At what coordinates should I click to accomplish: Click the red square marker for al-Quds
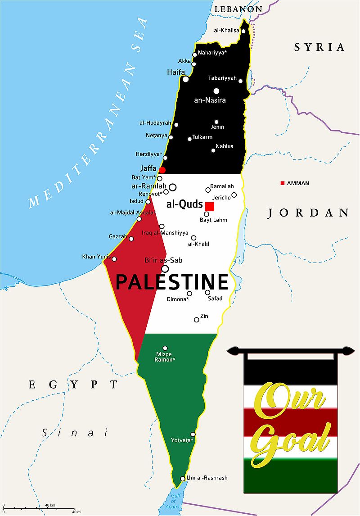(x=209, y=206)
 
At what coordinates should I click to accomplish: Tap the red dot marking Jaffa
(x=162, y=170)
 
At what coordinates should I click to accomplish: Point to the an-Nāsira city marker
(x=216, y=91)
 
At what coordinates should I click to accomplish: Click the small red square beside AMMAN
(x=282, y=183)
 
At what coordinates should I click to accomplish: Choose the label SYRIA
(x=319, y=47)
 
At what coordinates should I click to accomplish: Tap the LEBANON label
(x=238, y=9)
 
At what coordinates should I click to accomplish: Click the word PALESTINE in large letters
(x=172, y=282)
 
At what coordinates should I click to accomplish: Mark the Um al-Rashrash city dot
(x=182, y=479)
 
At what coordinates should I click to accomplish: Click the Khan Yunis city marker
(x=114, y=259)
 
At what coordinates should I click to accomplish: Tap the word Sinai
(x=75, y=433)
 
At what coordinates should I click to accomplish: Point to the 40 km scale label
(x=49, y=505)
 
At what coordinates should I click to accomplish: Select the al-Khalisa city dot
(x=243, y=31)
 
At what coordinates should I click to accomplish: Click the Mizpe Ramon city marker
(x=165, y=348)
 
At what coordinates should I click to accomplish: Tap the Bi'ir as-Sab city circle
(x=165, y=269)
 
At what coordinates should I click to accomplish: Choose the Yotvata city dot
(x=193, y=434)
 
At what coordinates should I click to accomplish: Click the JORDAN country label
(x=308, y=213)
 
